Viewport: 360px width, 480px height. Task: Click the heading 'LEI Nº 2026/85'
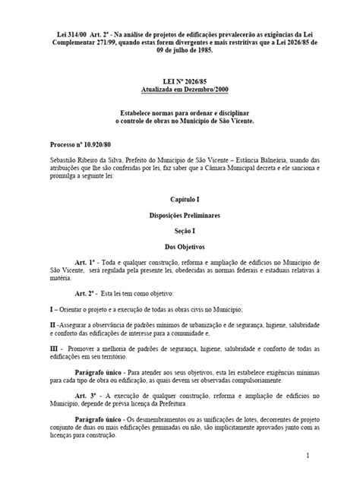coord(179,89)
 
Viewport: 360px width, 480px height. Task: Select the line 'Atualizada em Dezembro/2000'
coord(179,97)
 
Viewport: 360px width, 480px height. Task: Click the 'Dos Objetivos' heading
coord(179,246)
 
